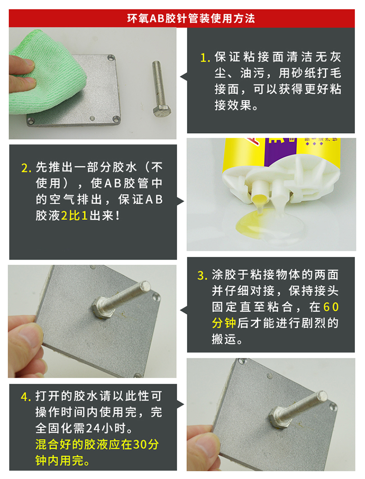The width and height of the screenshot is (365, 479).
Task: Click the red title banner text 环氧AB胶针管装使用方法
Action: coord(191,18)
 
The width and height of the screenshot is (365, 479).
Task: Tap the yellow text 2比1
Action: coord(74,216)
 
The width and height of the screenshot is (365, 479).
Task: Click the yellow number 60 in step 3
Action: coord(331,307)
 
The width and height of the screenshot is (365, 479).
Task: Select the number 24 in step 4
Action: coord(93,428)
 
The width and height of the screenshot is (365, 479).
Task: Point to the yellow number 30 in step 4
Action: coord(140,444)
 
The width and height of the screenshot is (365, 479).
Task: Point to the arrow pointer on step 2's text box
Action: coord(181,202)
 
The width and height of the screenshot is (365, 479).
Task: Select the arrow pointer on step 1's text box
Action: coord(183,77)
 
